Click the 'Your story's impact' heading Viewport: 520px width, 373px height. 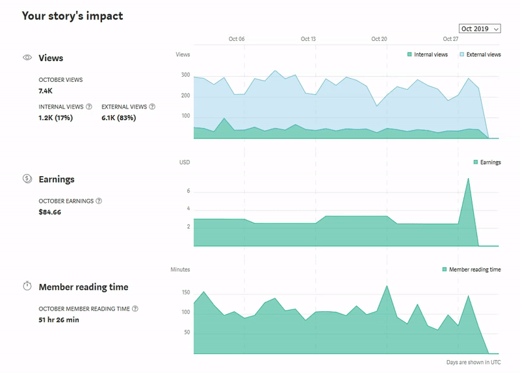pyautogui.click(x=72, y=16)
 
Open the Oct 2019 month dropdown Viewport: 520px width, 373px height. pyautogui.click(x=479, y=29)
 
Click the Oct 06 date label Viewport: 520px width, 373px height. pyautogui.click(x=237, y=39)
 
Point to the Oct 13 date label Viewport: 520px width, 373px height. pyautogui.click(x=308, y=39)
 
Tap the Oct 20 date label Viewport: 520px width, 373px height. pyautogui.click(x=379, y=39)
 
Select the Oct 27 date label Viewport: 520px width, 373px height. pyautogui.click(x=450, y=39)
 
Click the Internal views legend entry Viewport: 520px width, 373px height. pyautogui.click(x=427, y=55)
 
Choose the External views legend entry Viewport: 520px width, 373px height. pyautogui.click(x=480, y=55)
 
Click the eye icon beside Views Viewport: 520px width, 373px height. pyautogui.click(x=27, y=58)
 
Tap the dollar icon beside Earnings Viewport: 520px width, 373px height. pyautogui.click(x=27, y=179)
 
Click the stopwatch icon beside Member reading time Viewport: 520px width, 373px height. pyautogui.click(x=27, y=287)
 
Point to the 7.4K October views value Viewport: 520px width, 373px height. pyautogui.click(x=45, y=91)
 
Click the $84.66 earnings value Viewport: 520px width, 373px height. pyautogui.click(x=50, y=212)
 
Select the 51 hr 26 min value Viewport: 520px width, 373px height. pyautogui.click(x=58, y=320)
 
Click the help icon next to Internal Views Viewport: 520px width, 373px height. pyautogui.click(x=89, y=107)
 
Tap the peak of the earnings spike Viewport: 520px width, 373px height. pyautogui.click(x=468, y=178)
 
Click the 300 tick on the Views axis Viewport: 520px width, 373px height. pyautogui.click(x=186, y=75)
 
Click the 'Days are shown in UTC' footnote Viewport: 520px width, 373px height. pyautogui.click(x=473, y=361)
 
